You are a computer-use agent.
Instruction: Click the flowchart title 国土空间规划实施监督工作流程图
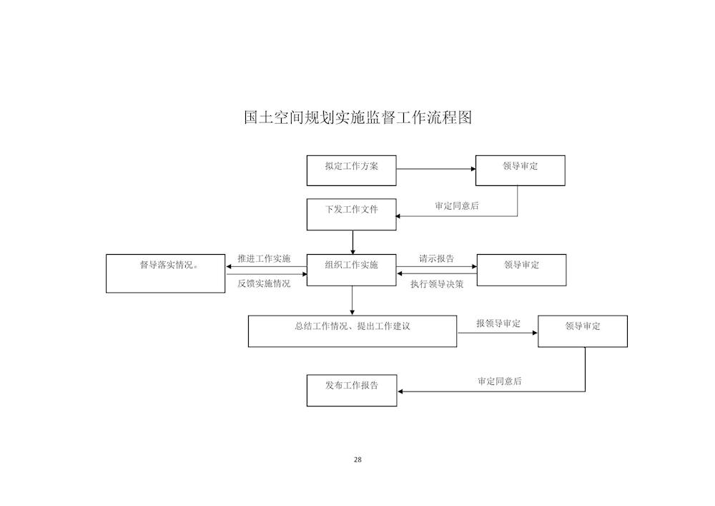357,117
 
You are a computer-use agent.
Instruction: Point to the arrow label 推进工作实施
264,258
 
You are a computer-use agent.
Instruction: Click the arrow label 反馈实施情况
264,283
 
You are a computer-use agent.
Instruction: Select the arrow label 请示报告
437,258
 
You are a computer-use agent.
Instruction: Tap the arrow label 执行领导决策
437,284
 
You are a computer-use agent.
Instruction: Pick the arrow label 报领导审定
498,323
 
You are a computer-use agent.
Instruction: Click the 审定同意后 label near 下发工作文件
457,206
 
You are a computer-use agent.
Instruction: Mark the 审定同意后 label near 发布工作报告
500,381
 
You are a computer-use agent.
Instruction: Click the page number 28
357,459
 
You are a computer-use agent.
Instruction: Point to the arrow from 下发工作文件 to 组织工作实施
352,243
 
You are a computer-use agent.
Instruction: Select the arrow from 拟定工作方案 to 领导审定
436,169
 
